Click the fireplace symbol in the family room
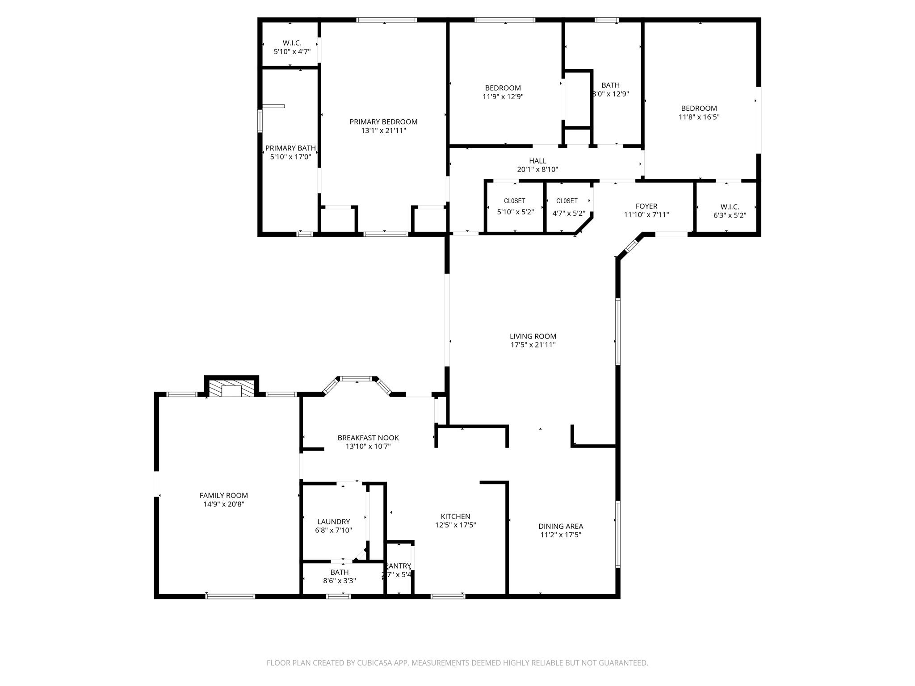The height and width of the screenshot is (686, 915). (x=231, y=389)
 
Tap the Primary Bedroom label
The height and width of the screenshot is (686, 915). (x=383, y=122)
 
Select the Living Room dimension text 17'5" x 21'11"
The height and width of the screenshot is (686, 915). (x=533, y=345)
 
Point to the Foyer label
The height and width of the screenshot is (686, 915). (x=646, y=206)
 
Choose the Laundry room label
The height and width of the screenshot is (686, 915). (x=333, y=522)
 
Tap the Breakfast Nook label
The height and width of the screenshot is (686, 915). (x=368, y=438)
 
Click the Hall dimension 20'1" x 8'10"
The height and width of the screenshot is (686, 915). (x=537, y=170)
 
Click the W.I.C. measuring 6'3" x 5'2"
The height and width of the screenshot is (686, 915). (x=729, y=211)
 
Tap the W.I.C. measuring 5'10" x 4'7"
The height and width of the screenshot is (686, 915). (x=292, y=47)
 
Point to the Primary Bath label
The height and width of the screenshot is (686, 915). (x=290, y=148)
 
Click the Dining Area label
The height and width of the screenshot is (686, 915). (x=560, y=526)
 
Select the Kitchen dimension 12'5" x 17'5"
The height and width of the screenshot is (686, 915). (x=455, y=525)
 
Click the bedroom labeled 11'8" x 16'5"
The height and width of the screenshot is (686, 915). (x=699, y=113)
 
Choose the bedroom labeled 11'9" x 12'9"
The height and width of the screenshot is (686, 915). (x=503, y=92)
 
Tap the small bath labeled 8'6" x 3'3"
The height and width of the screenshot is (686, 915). (x=340, y=576)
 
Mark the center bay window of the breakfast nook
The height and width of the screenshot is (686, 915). (x=356, y=379)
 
